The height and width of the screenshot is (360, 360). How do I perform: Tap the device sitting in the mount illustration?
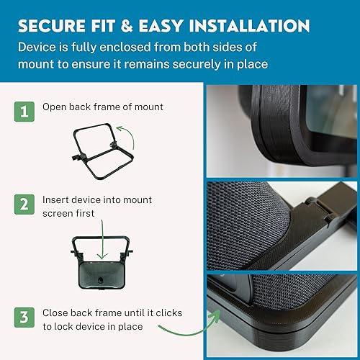[102, 274]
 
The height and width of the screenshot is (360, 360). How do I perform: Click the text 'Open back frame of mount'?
[103, 107]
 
